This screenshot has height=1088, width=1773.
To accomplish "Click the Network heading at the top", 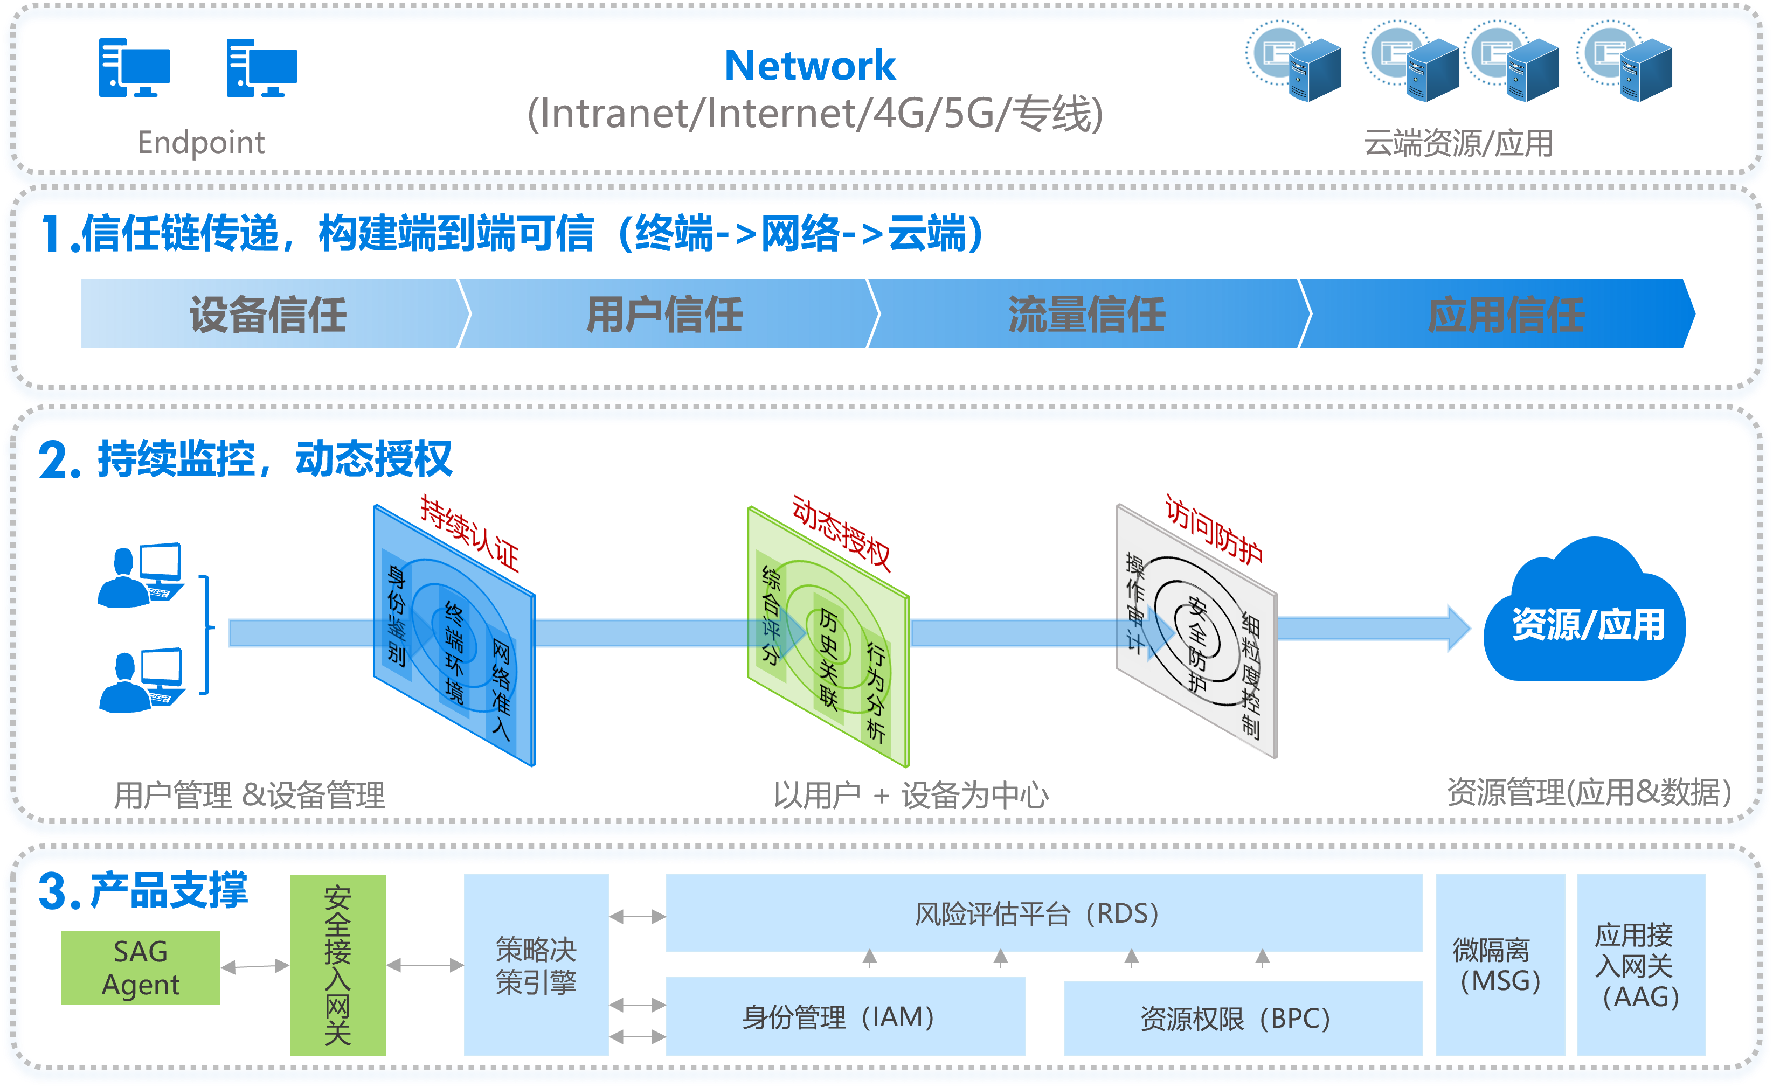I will (810, 66).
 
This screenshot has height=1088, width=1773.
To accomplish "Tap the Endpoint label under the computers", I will (201, 143).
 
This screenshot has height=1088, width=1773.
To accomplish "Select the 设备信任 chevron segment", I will (268, 315).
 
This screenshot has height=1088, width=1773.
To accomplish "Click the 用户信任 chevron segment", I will (664, 315).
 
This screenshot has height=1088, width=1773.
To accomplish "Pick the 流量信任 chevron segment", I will (1087, 315).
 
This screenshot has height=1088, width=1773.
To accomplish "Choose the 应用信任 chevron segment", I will (1506, 315).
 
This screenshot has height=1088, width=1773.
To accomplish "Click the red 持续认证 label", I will (470, 533).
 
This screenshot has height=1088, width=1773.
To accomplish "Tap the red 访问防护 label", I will (1214, 531).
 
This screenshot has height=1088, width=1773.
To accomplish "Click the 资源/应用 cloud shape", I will (1587, 623).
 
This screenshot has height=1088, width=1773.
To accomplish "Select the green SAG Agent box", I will (140, 967).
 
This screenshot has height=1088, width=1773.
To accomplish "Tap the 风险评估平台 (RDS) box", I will (1044, 913).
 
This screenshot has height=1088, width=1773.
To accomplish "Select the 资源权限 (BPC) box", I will (1243, 1017).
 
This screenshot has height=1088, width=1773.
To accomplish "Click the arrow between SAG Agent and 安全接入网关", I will (255, 966).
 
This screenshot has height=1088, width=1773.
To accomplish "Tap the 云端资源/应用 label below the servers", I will (1458, 143).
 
